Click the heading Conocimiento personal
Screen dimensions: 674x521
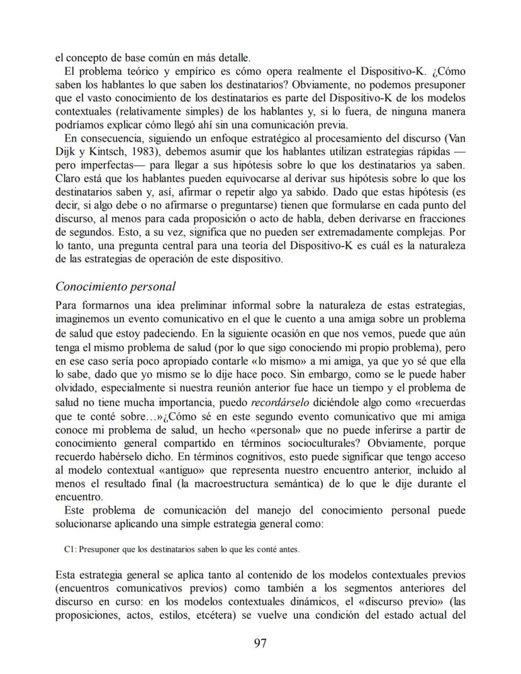(115, 287)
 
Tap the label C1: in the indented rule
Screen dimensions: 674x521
(70, 549)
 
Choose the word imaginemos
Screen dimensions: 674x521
(84, 318)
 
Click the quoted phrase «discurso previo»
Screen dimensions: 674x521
(386, 602)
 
